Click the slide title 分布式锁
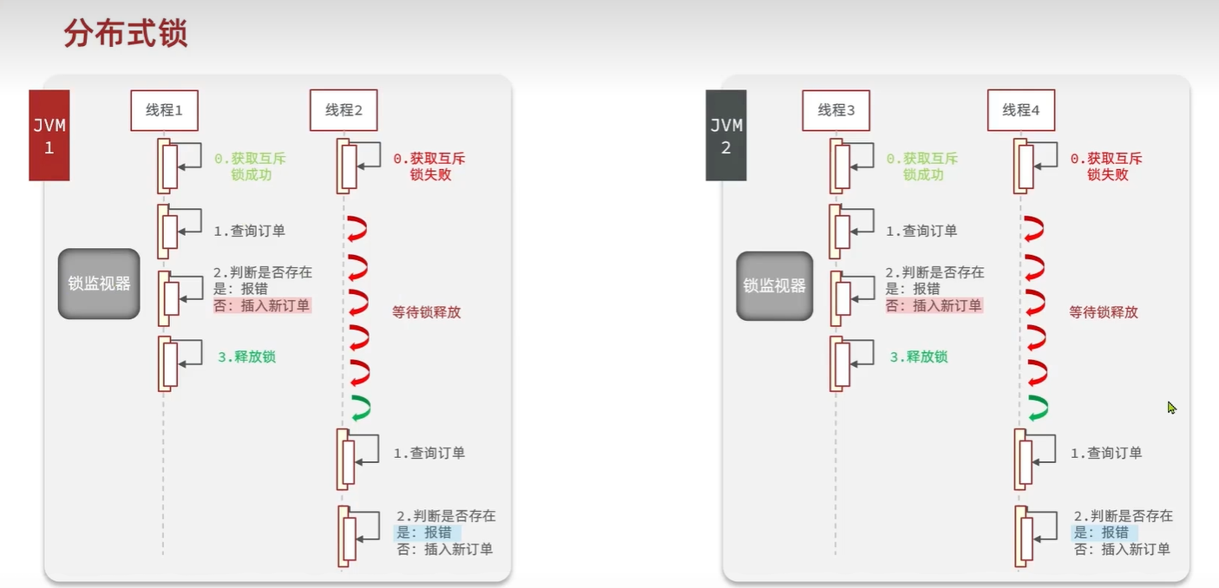click(x=126, y=35)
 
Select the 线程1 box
click(x=164, y=110)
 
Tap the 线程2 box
click(x=344, y=110)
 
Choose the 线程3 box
click(x=836, y=110)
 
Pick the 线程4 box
click(x=1020, y=110)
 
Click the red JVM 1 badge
click(x=49, y=136)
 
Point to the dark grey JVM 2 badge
click(x=726, y=136)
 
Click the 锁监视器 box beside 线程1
click(x=99, y=284)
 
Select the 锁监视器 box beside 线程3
click(x=775, y=285)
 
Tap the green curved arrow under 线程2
click(x=359, y=407)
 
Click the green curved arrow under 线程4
click(x=1037, y=407)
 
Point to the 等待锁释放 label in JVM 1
click(x=426, y=312)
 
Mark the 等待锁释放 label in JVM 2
click(x=1103, y=312)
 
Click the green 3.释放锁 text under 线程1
click(x=247, y=356)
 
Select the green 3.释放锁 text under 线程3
click(x=919, y=356)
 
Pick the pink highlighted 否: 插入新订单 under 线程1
click(x=261, y=305)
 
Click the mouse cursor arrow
click(x=1171, y=406)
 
